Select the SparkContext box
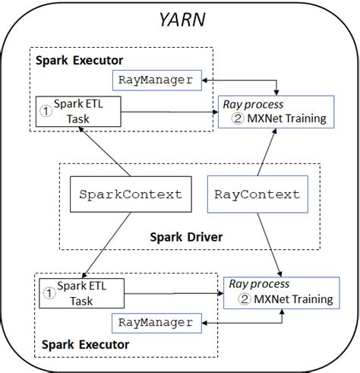[x=131, y=194]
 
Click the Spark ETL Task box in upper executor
[x=78, y=112]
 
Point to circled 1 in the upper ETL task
[x=45, y=108]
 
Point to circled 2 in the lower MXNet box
[x=245, y=299]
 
